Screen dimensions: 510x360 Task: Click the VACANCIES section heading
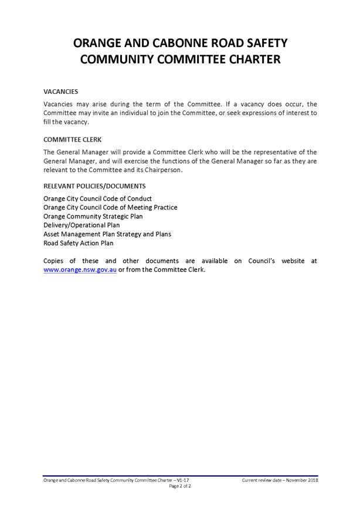(61, 92)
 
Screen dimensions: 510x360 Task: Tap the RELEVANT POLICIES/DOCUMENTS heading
(94, 186)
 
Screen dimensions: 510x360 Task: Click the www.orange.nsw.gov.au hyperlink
(80, 271)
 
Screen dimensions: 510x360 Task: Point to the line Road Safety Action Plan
(79, 243)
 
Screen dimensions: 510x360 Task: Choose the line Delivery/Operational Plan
(81, 225)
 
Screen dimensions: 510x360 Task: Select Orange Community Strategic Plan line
(93, 216)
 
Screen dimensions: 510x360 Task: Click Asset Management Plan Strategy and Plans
(107, 234)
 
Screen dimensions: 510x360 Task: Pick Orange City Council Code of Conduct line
(97, 198)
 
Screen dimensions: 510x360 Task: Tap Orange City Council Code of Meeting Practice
(110, 207)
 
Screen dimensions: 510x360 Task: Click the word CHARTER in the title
(239, 59)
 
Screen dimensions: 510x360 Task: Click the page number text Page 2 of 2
(180, 487)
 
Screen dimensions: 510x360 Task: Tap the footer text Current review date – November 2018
(280, 481)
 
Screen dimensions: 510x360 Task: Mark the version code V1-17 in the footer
(184, 481)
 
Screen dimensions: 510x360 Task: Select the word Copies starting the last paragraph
(55, 261)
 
